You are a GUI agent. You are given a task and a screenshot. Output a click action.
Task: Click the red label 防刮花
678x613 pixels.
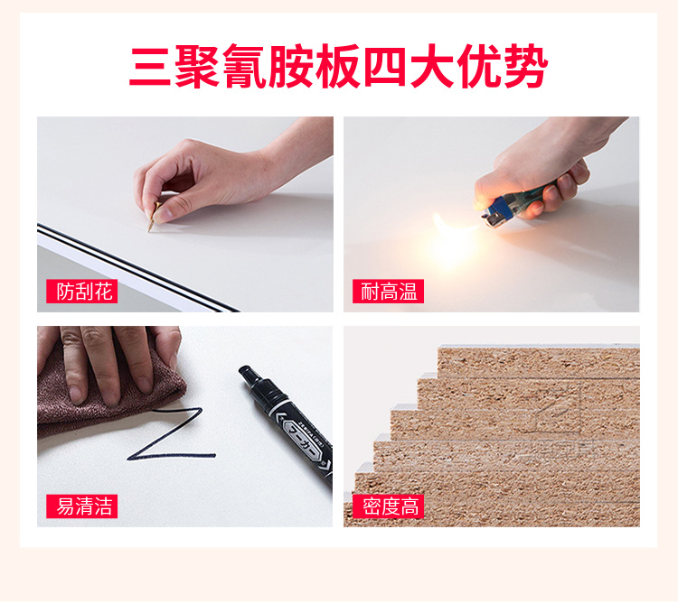coord(81,292)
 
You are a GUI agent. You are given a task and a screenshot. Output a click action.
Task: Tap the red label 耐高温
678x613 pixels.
coord(388,292)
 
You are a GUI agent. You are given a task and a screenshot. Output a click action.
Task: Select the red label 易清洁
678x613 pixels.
coord(81,506)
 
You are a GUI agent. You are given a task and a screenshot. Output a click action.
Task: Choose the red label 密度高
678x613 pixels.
coord(388,506)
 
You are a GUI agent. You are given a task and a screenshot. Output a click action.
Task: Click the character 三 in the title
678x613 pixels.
coord(149,67)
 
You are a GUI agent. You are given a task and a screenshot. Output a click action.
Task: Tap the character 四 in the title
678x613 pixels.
coord(385,67)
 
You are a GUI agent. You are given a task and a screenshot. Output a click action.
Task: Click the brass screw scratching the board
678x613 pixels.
coord(153,217)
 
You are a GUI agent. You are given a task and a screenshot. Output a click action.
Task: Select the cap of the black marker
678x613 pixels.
coord(253,379)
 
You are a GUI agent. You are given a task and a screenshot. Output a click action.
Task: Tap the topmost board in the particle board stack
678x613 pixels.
coord(539,360)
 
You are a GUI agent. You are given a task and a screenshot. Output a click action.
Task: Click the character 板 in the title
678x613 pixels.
coord(338,66)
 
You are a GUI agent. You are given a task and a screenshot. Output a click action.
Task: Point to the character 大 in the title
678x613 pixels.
coord(432,67)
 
